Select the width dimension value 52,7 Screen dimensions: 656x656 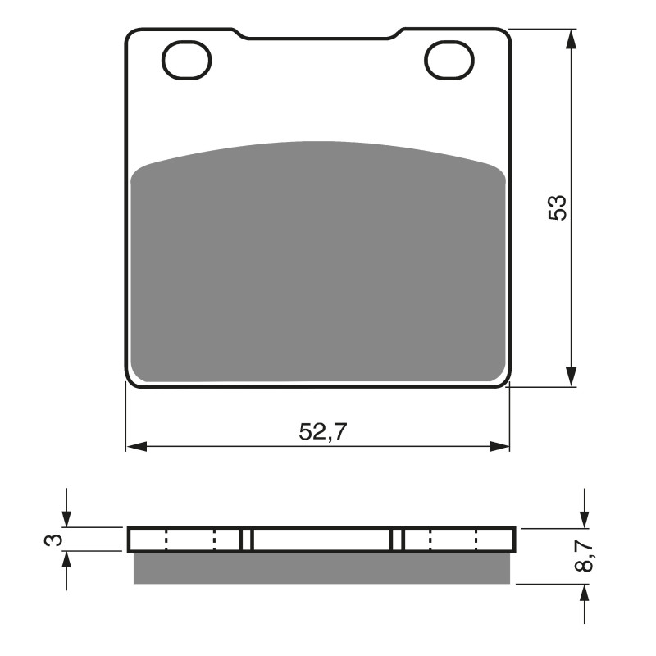317,432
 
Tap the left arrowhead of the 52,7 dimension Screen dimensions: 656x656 135,447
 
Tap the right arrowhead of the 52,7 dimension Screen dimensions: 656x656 500,447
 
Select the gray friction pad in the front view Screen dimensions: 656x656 317,262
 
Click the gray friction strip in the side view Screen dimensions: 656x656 321,567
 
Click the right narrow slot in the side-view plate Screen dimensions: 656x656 398,540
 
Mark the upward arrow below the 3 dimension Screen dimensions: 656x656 67,561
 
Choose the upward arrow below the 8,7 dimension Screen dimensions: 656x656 584,594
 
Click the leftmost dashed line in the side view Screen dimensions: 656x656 166,540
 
